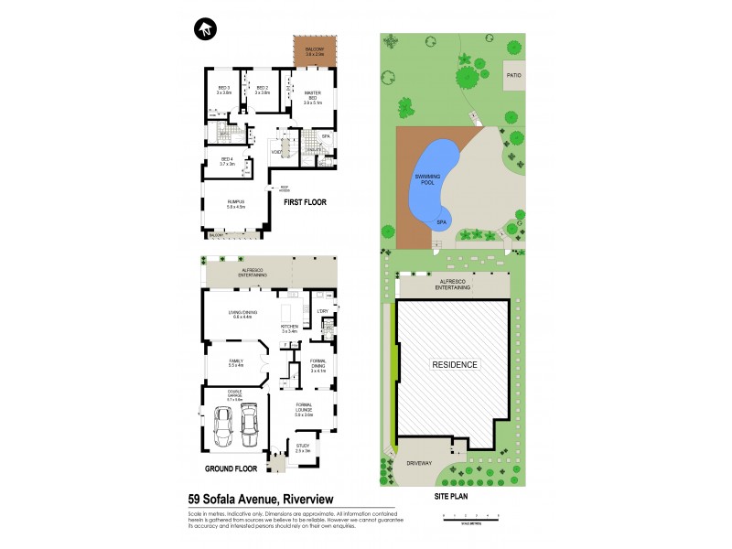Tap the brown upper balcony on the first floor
tap(315, 51)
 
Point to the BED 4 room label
tap(227, 162)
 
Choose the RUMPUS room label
tap(236, 204)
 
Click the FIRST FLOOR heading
tap(305, 201)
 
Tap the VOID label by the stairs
tap(274, 152)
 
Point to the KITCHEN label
tap(290, 327)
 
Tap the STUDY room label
tap(303, 448)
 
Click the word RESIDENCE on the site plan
tap(455, 364)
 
